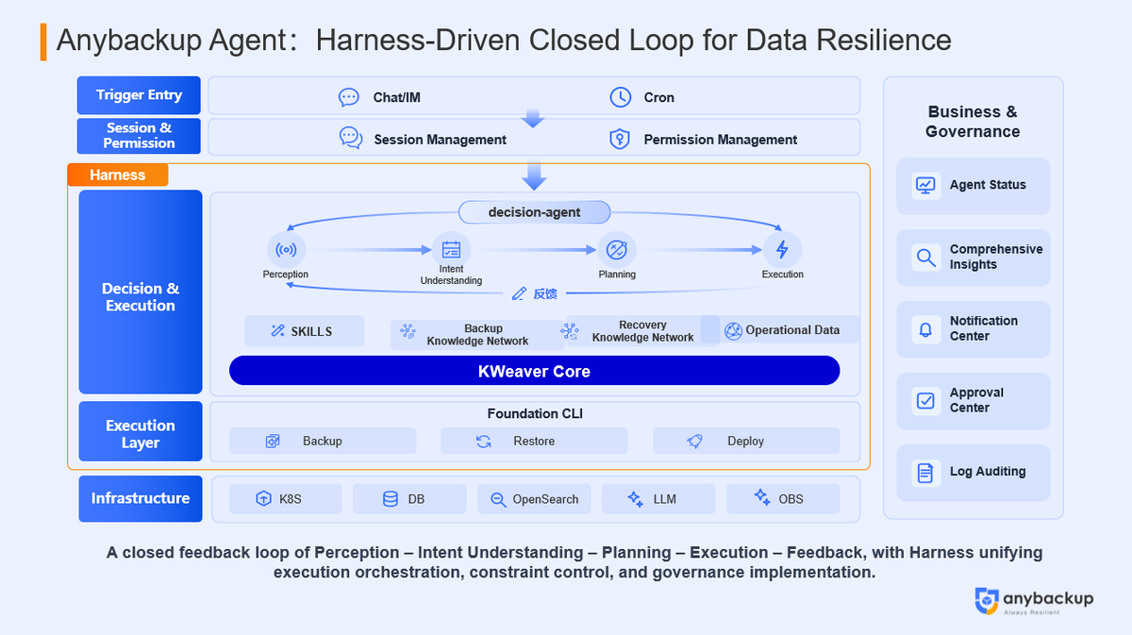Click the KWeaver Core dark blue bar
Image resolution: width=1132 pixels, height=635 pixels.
(534, 371)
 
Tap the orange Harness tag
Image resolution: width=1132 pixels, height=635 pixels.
(118, 175)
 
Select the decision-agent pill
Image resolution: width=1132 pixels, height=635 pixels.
(534, 212)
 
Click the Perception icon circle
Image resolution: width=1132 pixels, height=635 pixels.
(286, 250)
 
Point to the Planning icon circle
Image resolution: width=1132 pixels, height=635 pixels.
(617, 250)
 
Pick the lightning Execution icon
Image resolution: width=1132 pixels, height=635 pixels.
(782, 250)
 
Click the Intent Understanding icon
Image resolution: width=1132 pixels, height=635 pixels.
(451, 250)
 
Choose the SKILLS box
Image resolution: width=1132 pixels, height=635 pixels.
(304, 331)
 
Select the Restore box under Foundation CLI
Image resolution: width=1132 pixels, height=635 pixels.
(534, 441)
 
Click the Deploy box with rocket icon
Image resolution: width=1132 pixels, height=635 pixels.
(745, 441)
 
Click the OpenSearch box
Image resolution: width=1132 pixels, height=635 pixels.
(534, 499)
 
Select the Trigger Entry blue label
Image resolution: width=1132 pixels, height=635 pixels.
(140, 95)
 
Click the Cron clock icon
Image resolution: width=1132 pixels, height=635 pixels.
(620, 97)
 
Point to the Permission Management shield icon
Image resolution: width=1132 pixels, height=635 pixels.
(619, 140)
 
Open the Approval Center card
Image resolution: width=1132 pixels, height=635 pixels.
(973, 401)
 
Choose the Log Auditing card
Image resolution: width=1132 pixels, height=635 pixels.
(973, 473)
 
